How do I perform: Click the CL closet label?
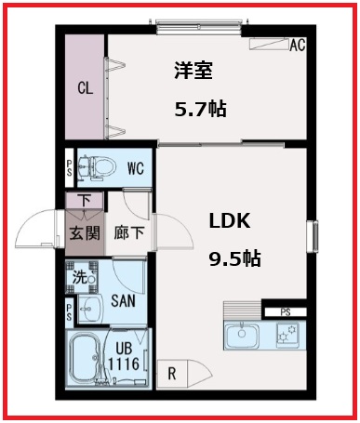pos(85,89)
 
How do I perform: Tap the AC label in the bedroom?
pos(299,44)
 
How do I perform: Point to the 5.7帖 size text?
pos(201,110)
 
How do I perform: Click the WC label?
pos(135,169)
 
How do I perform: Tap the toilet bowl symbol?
pos(97,167)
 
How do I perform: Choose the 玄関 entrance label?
pos(85,232)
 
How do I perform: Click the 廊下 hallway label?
pos(130,232)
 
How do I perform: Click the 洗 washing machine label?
pos(80,276)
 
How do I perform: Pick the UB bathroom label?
pos(123,349)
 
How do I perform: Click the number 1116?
pos(123,364)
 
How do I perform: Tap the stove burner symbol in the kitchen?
pos(287,333)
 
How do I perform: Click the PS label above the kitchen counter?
pos(286,312)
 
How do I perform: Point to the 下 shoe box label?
pos(84,198)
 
